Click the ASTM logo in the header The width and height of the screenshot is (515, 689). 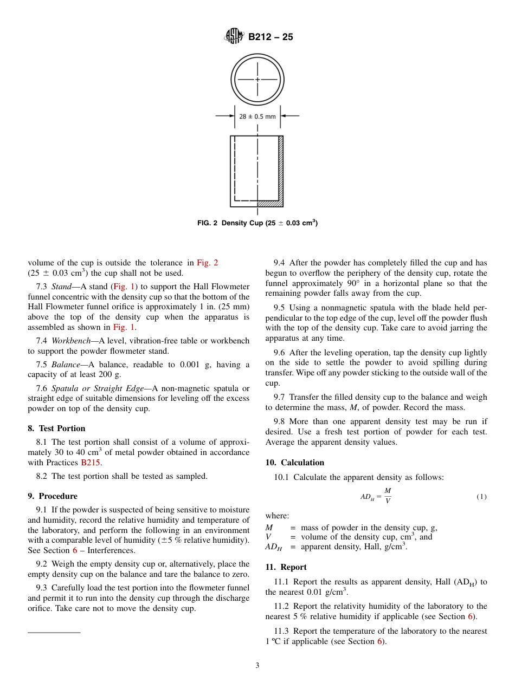[234, 37]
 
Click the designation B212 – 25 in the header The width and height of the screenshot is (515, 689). [271, 37]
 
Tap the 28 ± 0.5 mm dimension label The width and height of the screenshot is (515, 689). [257, 116]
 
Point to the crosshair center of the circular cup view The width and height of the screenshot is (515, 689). [257, 80]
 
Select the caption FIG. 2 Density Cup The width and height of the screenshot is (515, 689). [257, 223]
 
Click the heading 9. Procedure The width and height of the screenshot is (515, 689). [53, 496]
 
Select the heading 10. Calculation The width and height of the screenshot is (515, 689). [294, 463]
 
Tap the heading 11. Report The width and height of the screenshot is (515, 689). [286, 567]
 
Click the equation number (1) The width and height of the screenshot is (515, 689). [481, 497]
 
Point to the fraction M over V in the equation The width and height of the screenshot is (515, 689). [388, 496]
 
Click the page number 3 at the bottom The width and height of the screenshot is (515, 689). [257, 666]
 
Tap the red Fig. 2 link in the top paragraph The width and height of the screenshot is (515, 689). [207, 263]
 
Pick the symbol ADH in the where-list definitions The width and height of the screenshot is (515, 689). [274, 547]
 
